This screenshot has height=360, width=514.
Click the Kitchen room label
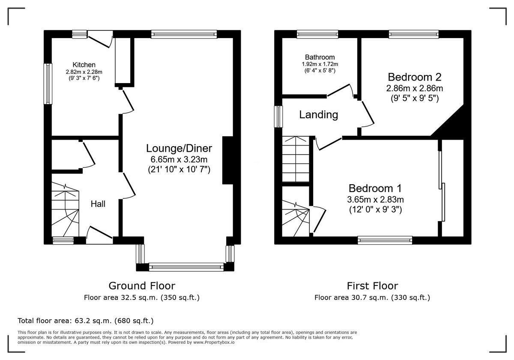tap(84, 65)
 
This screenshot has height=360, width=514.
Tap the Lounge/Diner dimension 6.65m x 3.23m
tap(179, 159)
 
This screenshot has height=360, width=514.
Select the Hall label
tap(98, 204)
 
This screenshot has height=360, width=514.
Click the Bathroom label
tap(320, 57)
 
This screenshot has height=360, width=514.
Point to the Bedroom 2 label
tap(414, 77)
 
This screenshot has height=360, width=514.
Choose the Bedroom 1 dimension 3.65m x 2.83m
tap(375, 199)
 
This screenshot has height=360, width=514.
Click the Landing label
tap(318, 115)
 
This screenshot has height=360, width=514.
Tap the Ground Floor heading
tap(141, 285)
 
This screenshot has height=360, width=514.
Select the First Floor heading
tap(372, 285)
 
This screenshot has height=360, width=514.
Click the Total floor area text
tap(85, 321)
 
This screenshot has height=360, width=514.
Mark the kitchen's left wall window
tap(48, 84)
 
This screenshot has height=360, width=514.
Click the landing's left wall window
tap(279, 116)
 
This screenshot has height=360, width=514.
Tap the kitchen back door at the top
tap(101, 39)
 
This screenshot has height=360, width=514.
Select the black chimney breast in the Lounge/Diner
tap(227, 161)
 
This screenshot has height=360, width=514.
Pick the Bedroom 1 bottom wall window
tap(385, 240)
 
